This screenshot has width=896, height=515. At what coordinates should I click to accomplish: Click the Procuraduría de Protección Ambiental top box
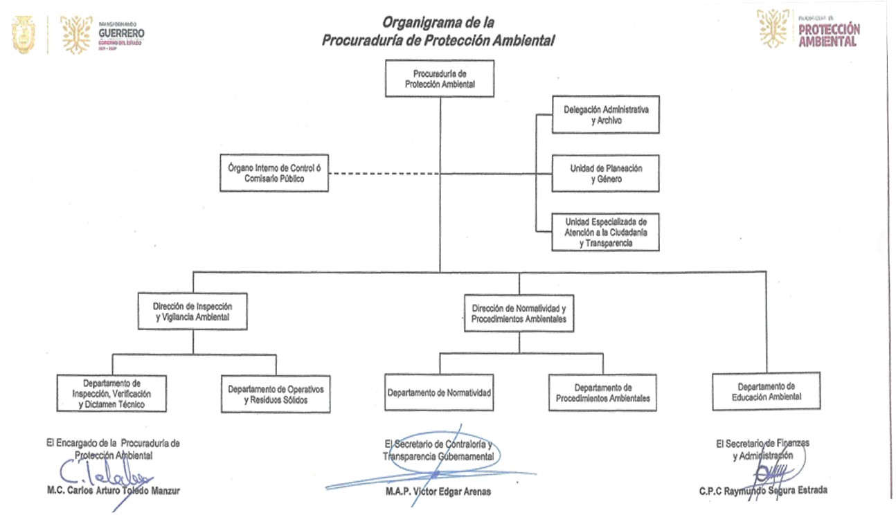[x=440, y=78]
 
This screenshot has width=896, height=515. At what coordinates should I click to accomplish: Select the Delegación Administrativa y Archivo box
[x=605, y=114]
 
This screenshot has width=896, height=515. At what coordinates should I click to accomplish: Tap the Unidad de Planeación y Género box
[x=605, y=173]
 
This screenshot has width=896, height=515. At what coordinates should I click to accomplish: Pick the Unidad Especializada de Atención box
[x=605, y=232]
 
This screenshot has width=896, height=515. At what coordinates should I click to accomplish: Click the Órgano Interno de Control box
[x=274, y=172]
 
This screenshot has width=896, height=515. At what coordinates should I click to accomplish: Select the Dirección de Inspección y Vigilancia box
[x=192, y=312]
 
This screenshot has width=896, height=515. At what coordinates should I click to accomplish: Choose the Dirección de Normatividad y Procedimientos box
[x=519, y=313]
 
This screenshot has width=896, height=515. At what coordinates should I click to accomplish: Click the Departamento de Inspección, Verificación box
[x=112, y=393]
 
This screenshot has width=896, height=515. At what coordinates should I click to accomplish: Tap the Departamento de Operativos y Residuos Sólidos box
[x=275, y=394]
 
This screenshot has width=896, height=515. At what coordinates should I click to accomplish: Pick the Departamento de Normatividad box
[x=439, y=392]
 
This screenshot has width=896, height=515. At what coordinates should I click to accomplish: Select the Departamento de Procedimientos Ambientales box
[x=602, y=392]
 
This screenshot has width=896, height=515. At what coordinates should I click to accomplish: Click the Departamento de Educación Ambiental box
[x=766, y=391]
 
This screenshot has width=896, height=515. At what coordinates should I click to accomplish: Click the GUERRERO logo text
[x=121, y=33]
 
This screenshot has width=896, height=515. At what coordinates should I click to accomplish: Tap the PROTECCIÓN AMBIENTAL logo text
[x=829, y=35]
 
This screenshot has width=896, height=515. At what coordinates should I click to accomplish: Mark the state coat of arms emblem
[x=24, y=35]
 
